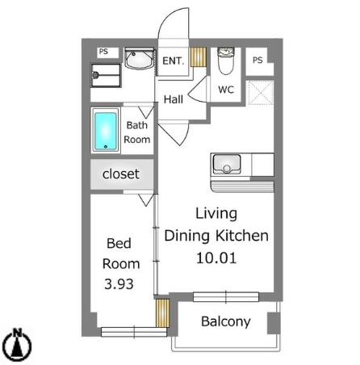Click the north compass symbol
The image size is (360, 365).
19,346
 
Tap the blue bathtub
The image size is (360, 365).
106,131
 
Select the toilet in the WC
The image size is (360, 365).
226,61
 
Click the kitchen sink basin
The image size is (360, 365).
227,164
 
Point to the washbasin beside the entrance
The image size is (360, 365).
140,60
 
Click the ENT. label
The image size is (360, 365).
174,61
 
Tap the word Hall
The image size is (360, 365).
174,99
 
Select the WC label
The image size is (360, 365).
226,90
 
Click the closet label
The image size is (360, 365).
121,174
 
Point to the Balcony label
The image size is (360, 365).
226,321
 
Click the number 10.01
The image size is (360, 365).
216,258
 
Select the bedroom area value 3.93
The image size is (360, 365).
119,284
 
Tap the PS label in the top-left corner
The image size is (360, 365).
103,52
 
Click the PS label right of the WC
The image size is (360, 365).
257,60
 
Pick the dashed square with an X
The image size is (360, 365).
261,93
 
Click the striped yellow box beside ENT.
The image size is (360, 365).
199,57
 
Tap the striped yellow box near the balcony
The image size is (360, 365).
163,313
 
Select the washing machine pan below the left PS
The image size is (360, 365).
106,75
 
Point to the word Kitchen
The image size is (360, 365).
242,236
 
